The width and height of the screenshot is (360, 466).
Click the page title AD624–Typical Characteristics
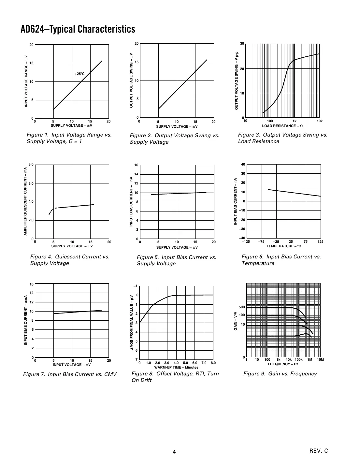tap(78, 29)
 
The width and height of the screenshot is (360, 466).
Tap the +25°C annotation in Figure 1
tap(79, 74)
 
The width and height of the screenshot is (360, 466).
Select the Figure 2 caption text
tap(174, 138)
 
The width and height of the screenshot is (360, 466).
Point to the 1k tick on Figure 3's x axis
tap(295, 121)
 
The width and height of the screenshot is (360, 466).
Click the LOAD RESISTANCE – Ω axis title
tap(282, 126)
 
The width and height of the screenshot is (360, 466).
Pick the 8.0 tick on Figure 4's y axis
tap(31, 165)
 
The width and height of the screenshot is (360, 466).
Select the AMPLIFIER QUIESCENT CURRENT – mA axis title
tap(25, 201)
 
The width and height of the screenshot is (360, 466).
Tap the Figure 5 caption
tap(176, 260)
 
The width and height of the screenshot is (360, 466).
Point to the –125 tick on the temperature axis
tap(246, 242)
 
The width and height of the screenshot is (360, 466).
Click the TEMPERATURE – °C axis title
tap(283, 246)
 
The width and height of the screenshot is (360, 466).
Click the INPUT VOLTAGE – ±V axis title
tap(72, 365)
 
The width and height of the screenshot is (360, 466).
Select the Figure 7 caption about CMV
tap(70, 374)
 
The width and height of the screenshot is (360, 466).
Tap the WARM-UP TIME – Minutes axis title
tap(176, 367)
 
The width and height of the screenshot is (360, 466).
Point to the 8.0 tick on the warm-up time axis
tap(213, 363)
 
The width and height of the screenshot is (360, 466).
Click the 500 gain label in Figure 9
tap(241, 307)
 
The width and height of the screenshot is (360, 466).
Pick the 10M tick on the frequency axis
tap(320, 360)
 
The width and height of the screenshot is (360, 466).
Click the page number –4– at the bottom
tap(174, 452)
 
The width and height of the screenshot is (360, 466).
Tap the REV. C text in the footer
tap(319, 451)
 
